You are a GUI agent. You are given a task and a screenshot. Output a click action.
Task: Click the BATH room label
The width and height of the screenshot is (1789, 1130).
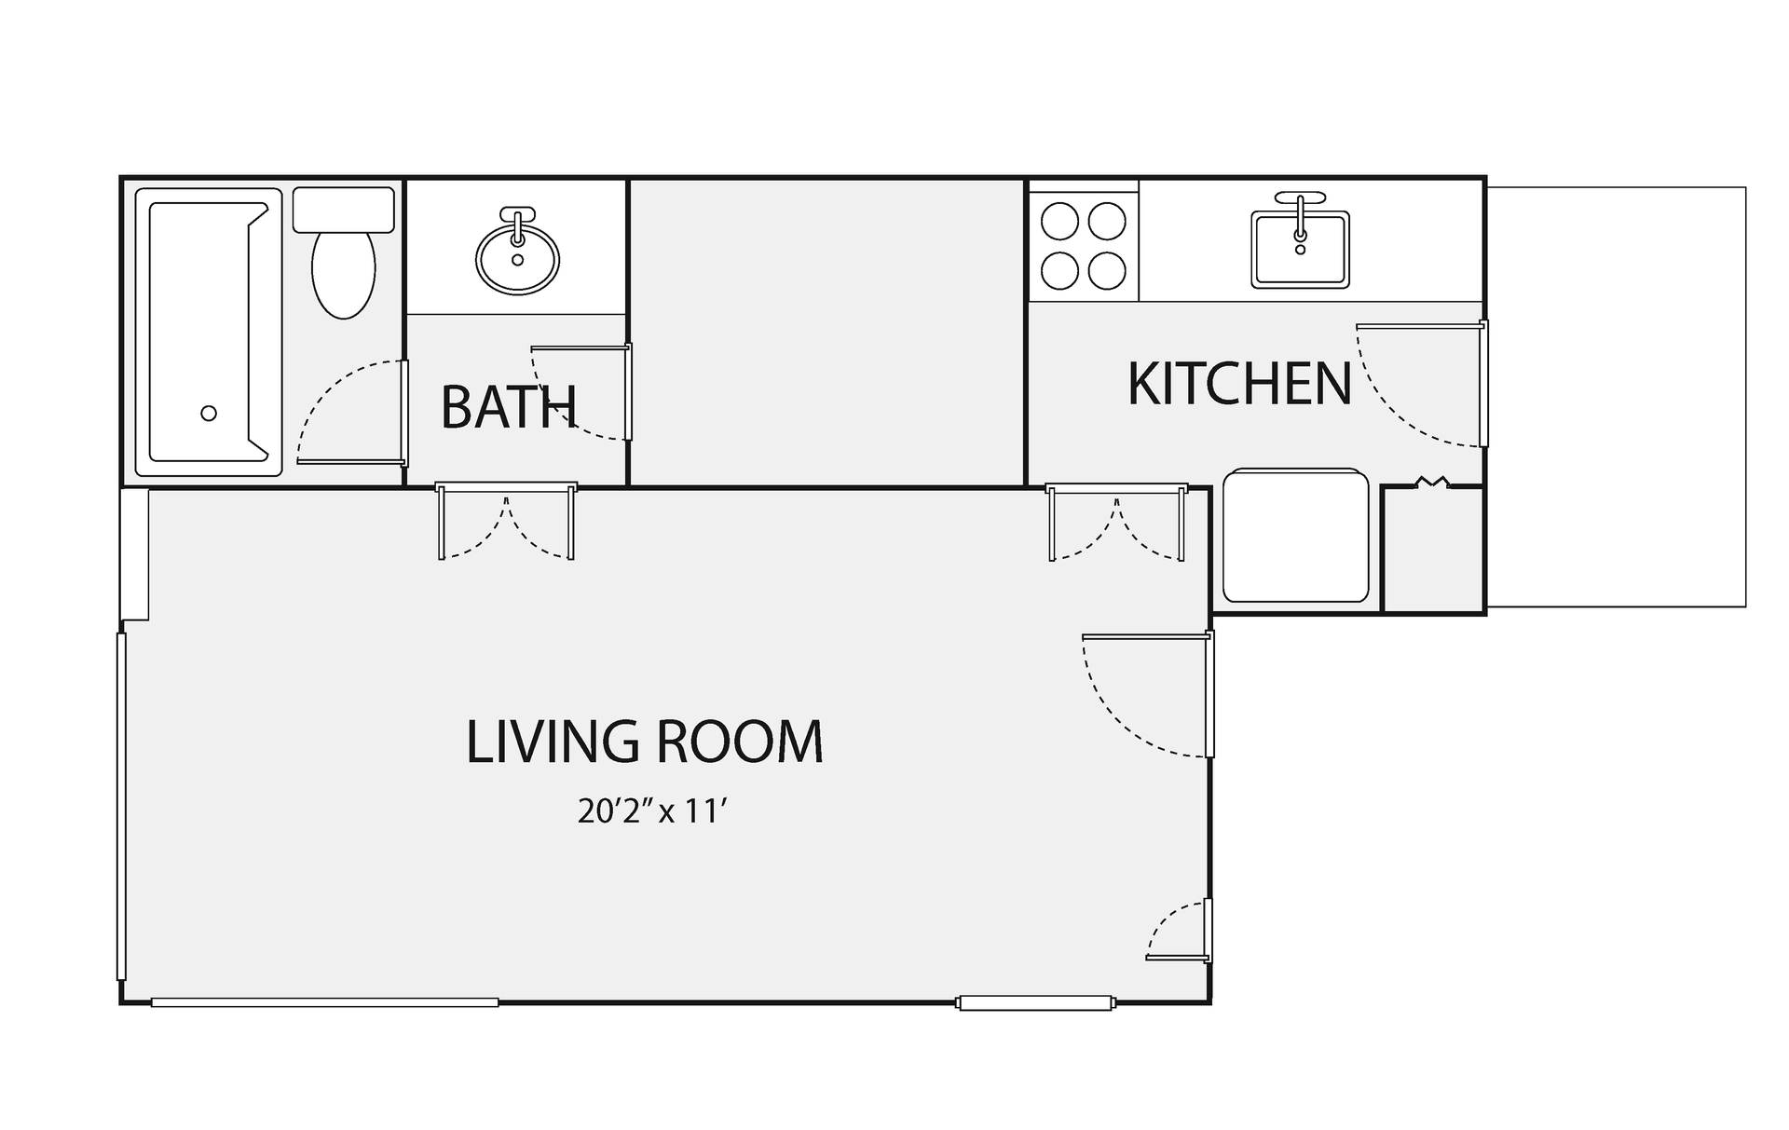pos(509,407)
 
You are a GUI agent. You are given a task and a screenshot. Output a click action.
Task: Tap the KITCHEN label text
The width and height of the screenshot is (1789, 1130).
pos(1239,383)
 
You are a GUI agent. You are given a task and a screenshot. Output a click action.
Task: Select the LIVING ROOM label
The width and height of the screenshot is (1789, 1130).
pos(645,742)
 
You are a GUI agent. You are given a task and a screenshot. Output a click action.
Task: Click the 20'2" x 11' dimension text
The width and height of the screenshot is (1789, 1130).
pos(651,811)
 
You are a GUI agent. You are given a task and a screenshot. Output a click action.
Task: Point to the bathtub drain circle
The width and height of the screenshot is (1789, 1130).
pos(209,413)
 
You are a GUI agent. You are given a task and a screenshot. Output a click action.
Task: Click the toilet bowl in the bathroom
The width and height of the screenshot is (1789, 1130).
pos(344,271)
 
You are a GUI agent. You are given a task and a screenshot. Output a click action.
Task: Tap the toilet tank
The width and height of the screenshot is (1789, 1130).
pos(344,210)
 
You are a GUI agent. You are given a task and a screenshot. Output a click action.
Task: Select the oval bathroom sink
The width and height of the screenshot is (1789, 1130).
pos(517,257)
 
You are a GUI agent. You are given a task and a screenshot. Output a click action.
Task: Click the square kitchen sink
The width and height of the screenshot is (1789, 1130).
pos(1300,249)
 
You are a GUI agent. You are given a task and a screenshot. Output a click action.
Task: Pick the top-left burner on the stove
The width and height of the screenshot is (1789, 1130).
pos(1059,222)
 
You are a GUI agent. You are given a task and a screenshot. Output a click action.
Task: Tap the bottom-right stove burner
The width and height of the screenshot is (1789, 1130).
pos(1107,270)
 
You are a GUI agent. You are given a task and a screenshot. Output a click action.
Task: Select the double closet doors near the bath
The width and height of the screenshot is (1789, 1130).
pos(506,521)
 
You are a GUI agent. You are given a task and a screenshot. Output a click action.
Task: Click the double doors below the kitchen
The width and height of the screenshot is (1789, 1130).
pos(1116,522)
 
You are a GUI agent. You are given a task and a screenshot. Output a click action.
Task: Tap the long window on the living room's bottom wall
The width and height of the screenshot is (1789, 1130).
pos(324,1002)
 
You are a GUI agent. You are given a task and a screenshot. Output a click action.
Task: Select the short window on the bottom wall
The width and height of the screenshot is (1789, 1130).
pos(1034,1003)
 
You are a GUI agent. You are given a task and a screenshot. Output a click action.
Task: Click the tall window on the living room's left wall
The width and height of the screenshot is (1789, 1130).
pos(121,806)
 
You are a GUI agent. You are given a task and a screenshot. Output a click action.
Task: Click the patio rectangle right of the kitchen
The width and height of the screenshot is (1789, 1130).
pos(1616,397)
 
